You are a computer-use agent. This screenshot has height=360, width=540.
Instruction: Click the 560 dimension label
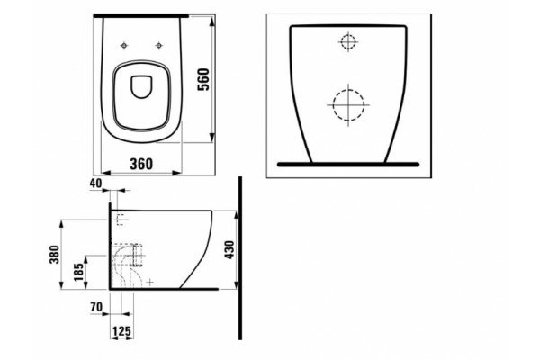[203, 79]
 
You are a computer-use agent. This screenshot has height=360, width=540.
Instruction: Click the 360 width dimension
[141, 165]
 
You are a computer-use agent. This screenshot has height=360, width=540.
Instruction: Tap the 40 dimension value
[95, 184]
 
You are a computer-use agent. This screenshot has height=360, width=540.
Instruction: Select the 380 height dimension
[54, 254]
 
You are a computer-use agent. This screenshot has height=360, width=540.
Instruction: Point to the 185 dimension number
[78, 272]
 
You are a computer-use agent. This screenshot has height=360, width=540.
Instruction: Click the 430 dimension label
[229, 250]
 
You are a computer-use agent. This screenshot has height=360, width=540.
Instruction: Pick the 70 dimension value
[96, 307]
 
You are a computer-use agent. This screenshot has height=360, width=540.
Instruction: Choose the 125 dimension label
[121, 331]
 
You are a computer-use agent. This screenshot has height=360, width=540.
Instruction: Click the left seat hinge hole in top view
[124, 45]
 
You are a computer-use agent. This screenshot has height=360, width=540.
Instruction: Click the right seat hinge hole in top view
[158, 45]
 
